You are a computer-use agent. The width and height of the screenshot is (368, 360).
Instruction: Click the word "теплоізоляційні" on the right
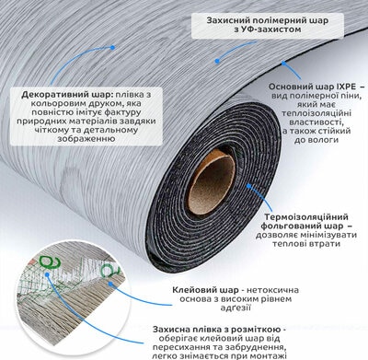tap(316, 113)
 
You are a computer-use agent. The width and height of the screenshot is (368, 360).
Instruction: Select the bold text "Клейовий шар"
tap(205, 290)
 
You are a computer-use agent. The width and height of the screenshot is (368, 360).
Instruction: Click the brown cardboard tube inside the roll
tap(212, 180)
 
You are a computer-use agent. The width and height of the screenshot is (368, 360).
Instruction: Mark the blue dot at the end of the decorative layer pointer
tap(112, 48)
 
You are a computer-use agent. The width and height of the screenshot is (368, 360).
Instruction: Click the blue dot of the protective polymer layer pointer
tap(217, 61)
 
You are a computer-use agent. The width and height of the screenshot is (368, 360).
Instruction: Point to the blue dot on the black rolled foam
tap(248, 186)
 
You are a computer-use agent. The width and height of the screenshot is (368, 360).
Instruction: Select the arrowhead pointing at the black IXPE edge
tap(284, 64)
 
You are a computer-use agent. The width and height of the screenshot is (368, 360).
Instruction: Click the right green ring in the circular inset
tap(109, 270)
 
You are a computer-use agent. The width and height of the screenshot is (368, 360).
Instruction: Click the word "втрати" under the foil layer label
tap(326, 244)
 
